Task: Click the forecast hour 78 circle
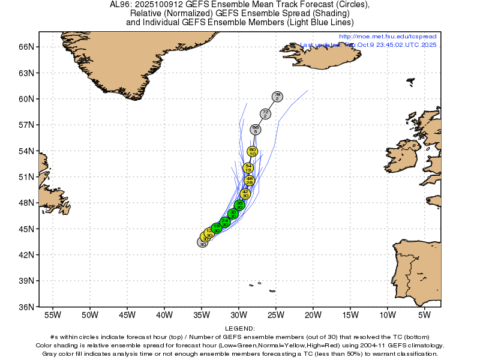tap(277, 96)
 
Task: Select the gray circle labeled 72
tap(265, 114)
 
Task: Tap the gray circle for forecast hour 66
tap(256, 130)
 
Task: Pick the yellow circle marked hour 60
tap(253, 152)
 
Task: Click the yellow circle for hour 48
tap(250, 180)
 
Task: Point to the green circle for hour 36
tap(239, 205)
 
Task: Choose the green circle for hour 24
tap(225, 222)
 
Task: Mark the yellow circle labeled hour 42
tap(245, 194)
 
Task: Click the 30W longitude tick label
tap(239, 314)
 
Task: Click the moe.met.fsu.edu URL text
tap(388, 37)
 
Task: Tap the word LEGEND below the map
tap(240, 329)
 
